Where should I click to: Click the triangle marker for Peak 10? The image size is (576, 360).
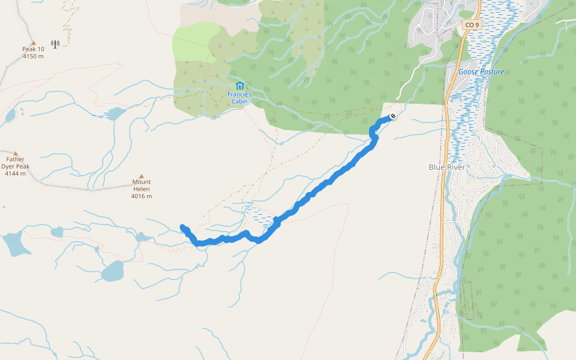pyautogui.click(x=34, y=43)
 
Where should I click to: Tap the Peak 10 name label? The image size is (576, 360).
pyautogui.click(x=34, y=49)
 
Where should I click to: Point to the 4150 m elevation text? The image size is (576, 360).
pyautogui.click(x=34, y=56)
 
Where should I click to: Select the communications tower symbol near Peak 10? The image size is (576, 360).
pyautogui.click(x=55, y=44)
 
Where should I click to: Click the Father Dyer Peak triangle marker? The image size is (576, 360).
pyautogui.click(x=16, y=154)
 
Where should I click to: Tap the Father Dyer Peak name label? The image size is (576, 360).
pyautogui.click(x=16, y=163)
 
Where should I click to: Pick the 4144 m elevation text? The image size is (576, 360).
pyautogui.click(x=16, y=173)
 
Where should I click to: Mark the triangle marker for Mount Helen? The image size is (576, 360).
pyautogui.click(x=142, y=176)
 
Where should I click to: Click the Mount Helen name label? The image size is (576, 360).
pyautogui.click(x=142, y=185)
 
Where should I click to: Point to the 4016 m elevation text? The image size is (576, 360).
pyautogui.click(x=142, y=196)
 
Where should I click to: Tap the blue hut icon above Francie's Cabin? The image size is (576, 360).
pyautogui.click(x=240, y=86)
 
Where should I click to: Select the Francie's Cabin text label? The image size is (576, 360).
pyautogui.click(x=240, y=98)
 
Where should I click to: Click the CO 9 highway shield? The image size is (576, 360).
pyautogui.click(x=472, y=25)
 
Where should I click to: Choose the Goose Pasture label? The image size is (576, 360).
pyautogui.click(x=481, y=72)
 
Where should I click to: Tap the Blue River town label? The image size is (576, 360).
pyautogui.click(x=447, y=167)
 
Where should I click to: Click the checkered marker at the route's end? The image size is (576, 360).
pyautogui.click(x=392, y=116)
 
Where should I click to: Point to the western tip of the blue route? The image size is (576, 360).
pyautogui.click(x=182, y=227)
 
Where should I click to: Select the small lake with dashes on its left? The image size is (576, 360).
pyautogui.click(x=116, y=113)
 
